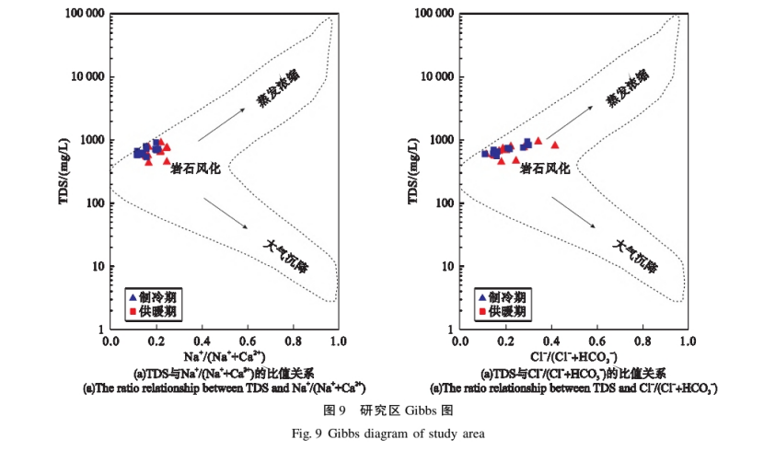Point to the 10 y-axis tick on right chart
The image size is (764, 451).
(x=444, y=266)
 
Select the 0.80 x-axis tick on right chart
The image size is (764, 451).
(x=640, y=341)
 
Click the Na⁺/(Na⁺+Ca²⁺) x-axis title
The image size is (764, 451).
(x=225, y=356)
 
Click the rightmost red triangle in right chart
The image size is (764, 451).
(x=555, y=145)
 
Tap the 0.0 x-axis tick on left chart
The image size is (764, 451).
(x=111, y=341)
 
